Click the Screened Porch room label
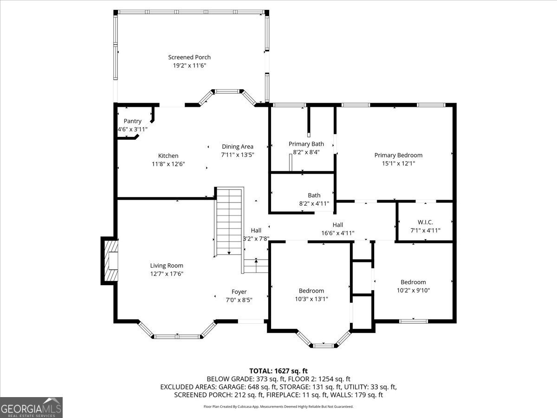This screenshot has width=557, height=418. pyautogui.click(x=189, y=57)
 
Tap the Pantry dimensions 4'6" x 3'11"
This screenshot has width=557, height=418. pyautogui.click(x=132, y=129)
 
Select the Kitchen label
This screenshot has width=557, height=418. pyautogui.click(x=168, y=156)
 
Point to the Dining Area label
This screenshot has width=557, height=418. pyautogui.click(x=237, y=146)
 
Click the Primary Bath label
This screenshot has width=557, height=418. pyautogui.click(x=306, y=144)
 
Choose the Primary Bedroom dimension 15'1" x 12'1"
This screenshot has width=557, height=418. pyautogui.click(x=398, y=163)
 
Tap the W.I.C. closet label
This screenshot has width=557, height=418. pyautogui.click(x=425, y=222)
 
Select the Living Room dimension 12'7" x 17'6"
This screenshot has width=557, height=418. pyautogui.click(x=167, y=274)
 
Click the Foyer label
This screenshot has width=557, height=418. pyautogui.click(x=239, y=292)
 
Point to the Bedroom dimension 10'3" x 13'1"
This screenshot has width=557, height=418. pyautogui.click(x=311, y=299)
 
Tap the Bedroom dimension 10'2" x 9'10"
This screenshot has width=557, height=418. pyautogui.click(x=413, y=290)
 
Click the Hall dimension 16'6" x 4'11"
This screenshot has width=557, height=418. pyautogui.click(x=337, y=233)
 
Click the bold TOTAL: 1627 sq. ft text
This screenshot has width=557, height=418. pyautogui.click(x=278, y=371)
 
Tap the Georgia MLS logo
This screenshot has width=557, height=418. pyautogui.click(x=32, y=407)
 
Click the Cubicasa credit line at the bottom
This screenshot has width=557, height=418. pyautogui.click(x=278, y=406)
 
